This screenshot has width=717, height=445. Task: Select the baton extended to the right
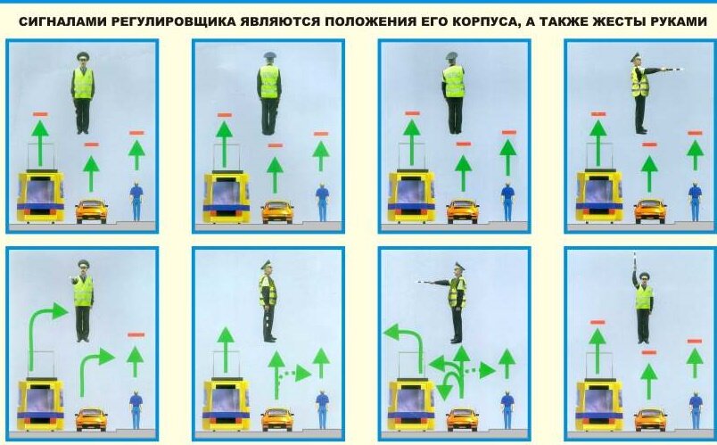(x=672, y=70)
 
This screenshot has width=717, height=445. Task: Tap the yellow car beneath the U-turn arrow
(x=462, y=419)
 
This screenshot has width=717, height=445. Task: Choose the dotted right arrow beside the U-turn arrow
(x=480, y=370)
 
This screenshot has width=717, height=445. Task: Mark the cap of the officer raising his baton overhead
(x=644, y=276)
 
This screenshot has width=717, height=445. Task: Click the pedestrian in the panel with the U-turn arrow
(x=507, y=410)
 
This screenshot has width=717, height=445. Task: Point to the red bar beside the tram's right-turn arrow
(x=136, y=334)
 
